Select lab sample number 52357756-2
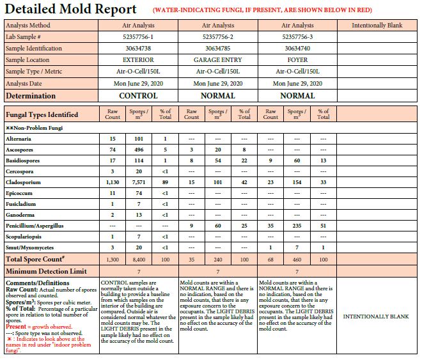(218, 37)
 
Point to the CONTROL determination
(138, 95)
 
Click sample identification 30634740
(297, 49)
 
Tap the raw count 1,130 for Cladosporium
(113, 182)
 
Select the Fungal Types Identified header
(42, 115)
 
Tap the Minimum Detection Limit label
(47, 272)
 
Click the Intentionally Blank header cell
(378, 26)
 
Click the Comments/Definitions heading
(38, 282)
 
